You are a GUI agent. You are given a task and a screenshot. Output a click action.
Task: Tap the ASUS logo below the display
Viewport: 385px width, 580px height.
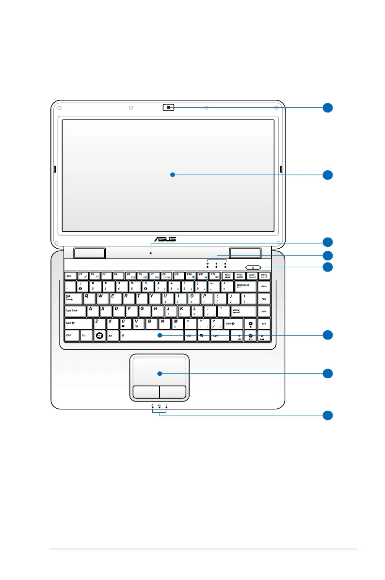166,239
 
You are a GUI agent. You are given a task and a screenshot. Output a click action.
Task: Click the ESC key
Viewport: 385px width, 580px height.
70,275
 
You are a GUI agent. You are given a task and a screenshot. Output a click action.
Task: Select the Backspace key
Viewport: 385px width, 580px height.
245,286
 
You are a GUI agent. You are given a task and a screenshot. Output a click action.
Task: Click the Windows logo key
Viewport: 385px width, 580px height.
100,335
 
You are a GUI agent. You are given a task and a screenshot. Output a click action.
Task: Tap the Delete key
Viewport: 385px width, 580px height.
264,275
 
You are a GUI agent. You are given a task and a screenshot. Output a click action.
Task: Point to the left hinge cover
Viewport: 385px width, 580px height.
90,253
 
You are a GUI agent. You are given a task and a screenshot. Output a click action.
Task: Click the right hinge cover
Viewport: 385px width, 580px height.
245,253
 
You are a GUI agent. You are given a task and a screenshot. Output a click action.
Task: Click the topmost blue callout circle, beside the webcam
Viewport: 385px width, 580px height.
328,108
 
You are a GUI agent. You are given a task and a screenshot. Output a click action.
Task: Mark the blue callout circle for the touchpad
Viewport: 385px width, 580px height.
328,373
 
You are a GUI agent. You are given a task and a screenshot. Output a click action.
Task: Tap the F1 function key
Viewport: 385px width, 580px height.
82,275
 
